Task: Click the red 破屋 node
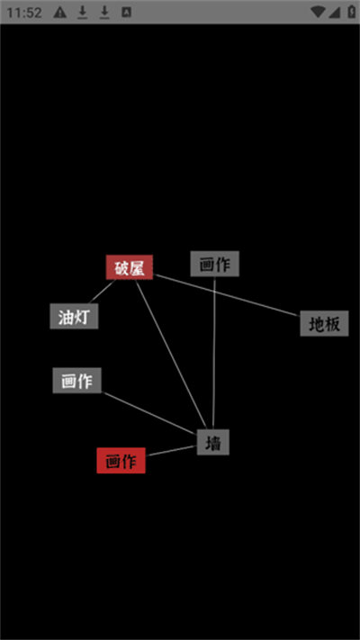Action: point(130,267)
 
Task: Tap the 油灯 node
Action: point(74,316)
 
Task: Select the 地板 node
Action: point(325,323)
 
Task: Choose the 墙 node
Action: point(213,442)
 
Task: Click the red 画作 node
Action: point(121,460)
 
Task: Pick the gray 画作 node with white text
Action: point(77,381)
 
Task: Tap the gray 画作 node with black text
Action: point(215,264)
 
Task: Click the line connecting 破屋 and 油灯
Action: point(102,292)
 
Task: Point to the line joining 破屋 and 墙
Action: point(171,355)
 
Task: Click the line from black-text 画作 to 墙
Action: point(214,353)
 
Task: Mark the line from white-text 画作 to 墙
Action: point(149,413)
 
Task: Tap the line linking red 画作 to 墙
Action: point(171,451)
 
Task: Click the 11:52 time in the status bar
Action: point(24,13)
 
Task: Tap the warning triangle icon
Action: point(60,13)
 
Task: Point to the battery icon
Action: point(351,12)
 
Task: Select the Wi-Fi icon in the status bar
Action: point(318,13)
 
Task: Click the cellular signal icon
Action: point(334,13)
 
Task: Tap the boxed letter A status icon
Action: point(127,13)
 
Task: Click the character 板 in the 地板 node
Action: point(332,324)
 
